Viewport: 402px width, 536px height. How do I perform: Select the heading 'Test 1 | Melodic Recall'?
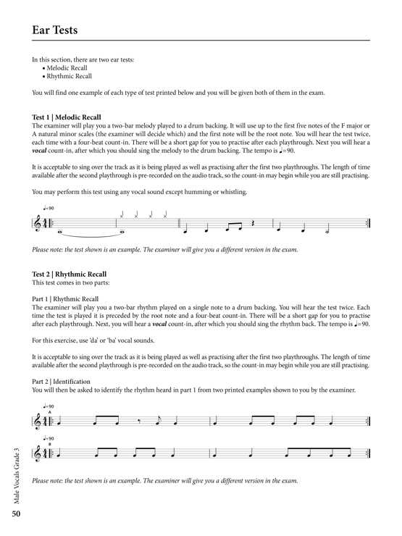(x=67, y=117)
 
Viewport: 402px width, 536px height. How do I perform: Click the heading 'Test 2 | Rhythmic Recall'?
(x=70, y=275)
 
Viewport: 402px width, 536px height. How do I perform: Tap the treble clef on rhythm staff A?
(x=38, y=422)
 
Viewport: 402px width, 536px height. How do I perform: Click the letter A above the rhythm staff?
(x=49, y=412)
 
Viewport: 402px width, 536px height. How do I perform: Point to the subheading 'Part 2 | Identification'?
(x=62, y=381)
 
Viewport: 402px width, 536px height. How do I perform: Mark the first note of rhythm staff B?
(x=59, y=453)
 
